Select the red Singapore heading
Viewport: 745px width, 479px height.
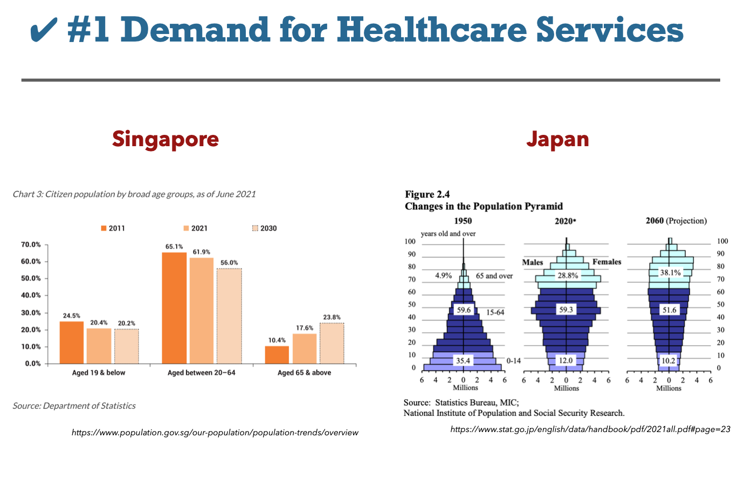pos(165,139)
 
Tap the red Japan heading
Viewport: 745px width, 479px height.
pos(557,139)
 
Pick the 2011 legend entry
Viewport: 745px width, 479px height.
pos(113,228)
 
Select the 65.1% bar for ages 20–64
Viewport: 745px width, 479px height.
pos(174,307)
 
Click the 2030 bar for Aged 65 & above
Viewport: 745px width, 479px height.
pos(332,343)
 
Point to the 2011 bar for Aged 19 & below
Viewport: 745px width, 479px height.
pos(71,342)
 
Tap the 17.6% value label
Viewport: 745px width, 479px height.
pos(305,328)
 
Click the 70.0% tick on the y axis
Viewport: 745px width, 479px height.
pos(31,245)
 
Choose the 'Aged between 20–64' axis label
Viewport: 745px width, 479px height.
pos(202,373)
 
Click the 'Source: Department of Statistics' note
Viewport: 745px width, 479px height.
pos(74,406)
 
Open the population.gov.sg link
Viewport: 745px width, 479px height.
pos(215,433)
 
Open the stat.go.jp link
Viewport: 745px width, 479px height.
pos(590,429)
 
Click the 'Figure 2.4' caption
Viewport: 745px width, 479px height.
pos(427,194)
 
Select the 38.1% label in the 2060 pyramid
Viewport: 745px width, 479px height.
pos(671,273)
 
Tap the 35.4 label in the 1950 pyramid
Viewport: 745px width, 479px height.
pos(463,360)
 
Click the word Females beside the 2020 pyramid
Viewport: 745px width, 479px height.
pos(606,262)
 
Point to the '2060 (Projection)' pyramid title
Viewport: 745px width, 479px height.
pos(676,221)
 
